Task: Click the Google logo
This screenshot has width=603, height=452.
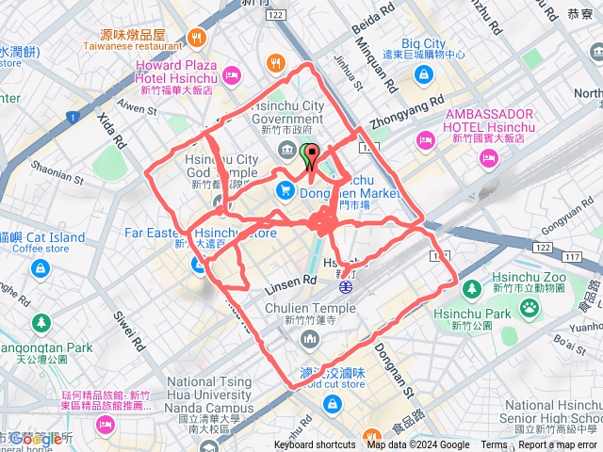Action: (38, 439)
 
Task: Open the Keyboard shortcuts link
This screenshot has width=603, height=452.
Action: (315, 445)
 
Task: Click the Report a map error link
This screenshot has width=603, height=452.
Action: (557, 445)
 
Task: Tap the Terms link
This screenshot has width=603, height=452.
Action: (494, 445)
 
